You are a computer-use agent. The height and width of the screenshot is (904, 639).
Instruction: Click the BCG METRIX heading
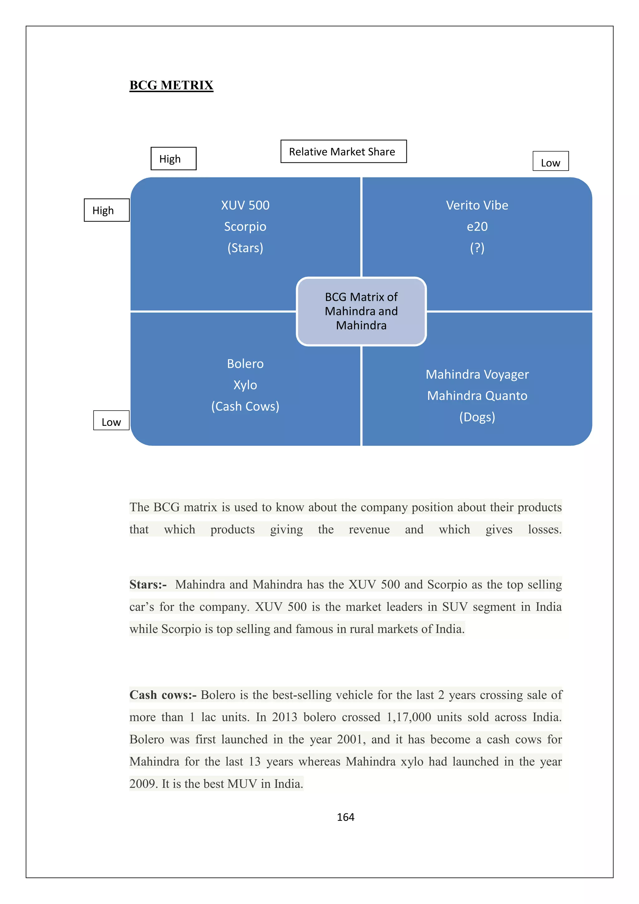click(x=171, y=85)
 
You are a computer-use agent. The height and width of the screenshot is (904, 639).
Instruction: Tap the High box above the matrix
click(x=173, y=159)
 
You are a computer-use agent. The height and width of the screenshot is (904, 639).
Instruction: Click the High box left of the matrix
click(x=106, y=210)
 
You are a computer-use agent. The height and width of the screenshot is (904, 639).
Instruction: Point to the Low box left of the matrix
click(x=111, y=421)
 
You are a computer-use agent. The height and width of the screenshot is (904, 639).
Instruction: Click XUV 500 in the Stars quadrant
click(x=245, y=205)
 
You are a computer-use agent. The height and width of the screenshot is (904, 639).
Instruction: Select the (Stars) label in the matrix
click(x=245, y=248)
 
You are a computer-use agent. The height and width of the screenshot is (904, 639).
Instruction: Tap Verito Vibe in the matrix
click(x=477, y=205)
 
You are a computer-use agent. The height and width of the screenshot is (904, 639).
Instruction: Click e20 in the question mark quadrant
click(x=477, y=226)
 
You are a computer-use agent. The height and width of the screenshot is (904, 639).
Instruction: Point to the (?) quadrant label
click(x=477, y=248)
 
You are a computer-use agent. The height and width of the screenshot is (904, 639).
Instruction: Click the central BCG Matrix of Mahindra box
click(x=361, y=311)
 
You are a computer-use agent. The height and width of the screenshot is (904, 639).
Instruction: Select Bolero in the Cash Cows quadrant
click(x=245, y=363)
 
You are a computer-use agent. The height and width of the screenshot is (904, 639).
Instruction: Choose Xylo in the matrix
click(x=245, y=385)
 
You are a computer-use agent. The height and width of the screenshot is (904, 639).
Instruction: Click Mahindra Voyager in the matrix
click(x=477, y=374)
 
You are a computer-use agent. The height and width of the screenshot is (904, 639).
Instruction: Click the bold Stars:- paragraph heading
click(x=148, y=584)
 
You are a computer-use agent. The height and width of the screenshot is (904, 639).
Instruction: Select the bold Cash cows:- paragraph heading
click(x=163, y=695)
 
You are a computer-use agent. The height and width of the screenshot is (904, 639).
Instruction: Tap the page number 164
click(x=345, y=817)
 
